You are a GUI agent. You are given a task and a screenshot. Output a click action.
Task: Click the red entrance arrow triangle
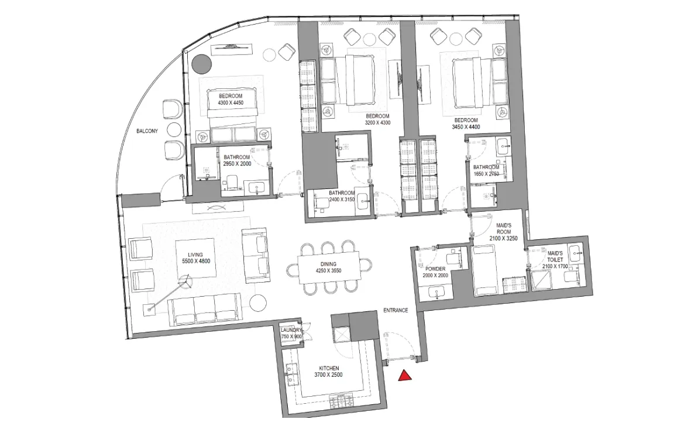tap(404, 376)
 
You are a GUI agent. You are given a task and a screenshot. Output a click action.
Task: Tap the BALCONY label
tap(147, 131)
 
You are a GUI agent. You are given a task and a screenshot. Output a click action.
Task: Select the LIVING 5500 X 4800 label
tap(195, 258)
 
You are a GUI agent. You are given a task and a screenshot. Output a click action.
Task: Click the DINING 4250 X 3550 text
tap(328, 267)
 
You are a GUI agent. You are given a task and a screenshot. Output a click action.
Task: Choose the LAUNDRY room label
tap(291, 334)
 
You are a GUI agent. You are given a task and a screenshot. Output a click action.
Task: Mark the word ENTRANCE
tap(396, 310)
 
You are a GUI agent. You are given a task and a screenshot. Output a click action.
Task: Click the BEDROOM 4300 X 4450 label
tap(231, 99)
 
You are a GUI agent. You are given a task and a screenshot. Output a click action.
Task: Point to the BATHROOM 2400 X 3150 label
tap(341, 196)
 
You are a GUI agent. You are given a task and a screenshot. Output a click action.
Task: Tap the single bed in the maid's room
tap(485, 270)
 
